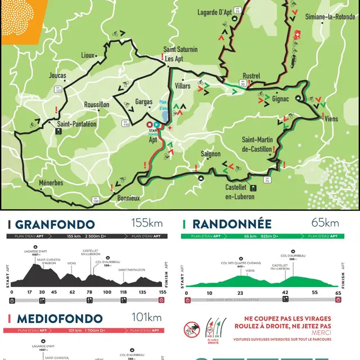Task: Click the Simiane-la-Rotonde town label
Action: (330, 17)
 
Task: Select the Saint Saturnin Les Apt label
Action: (180, 53)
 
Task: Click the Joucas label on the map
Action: (57, 75)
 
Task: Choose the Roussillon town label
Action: (96, 105)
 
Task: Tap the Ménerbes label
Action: (51, 183)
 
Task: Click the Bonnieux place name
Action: (128, 198)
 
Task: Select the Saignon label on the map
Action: (211, 154)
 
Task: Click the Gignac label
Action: (280, 99)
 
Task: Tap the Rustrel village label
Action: (251, 76)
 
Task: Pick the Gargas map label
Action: (144, 102)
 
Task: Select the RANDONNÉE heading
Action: (224, 224)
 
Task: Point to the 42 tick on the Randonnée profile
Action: (285, 292)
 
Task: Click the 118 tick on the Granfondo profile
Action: (123, 292)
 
